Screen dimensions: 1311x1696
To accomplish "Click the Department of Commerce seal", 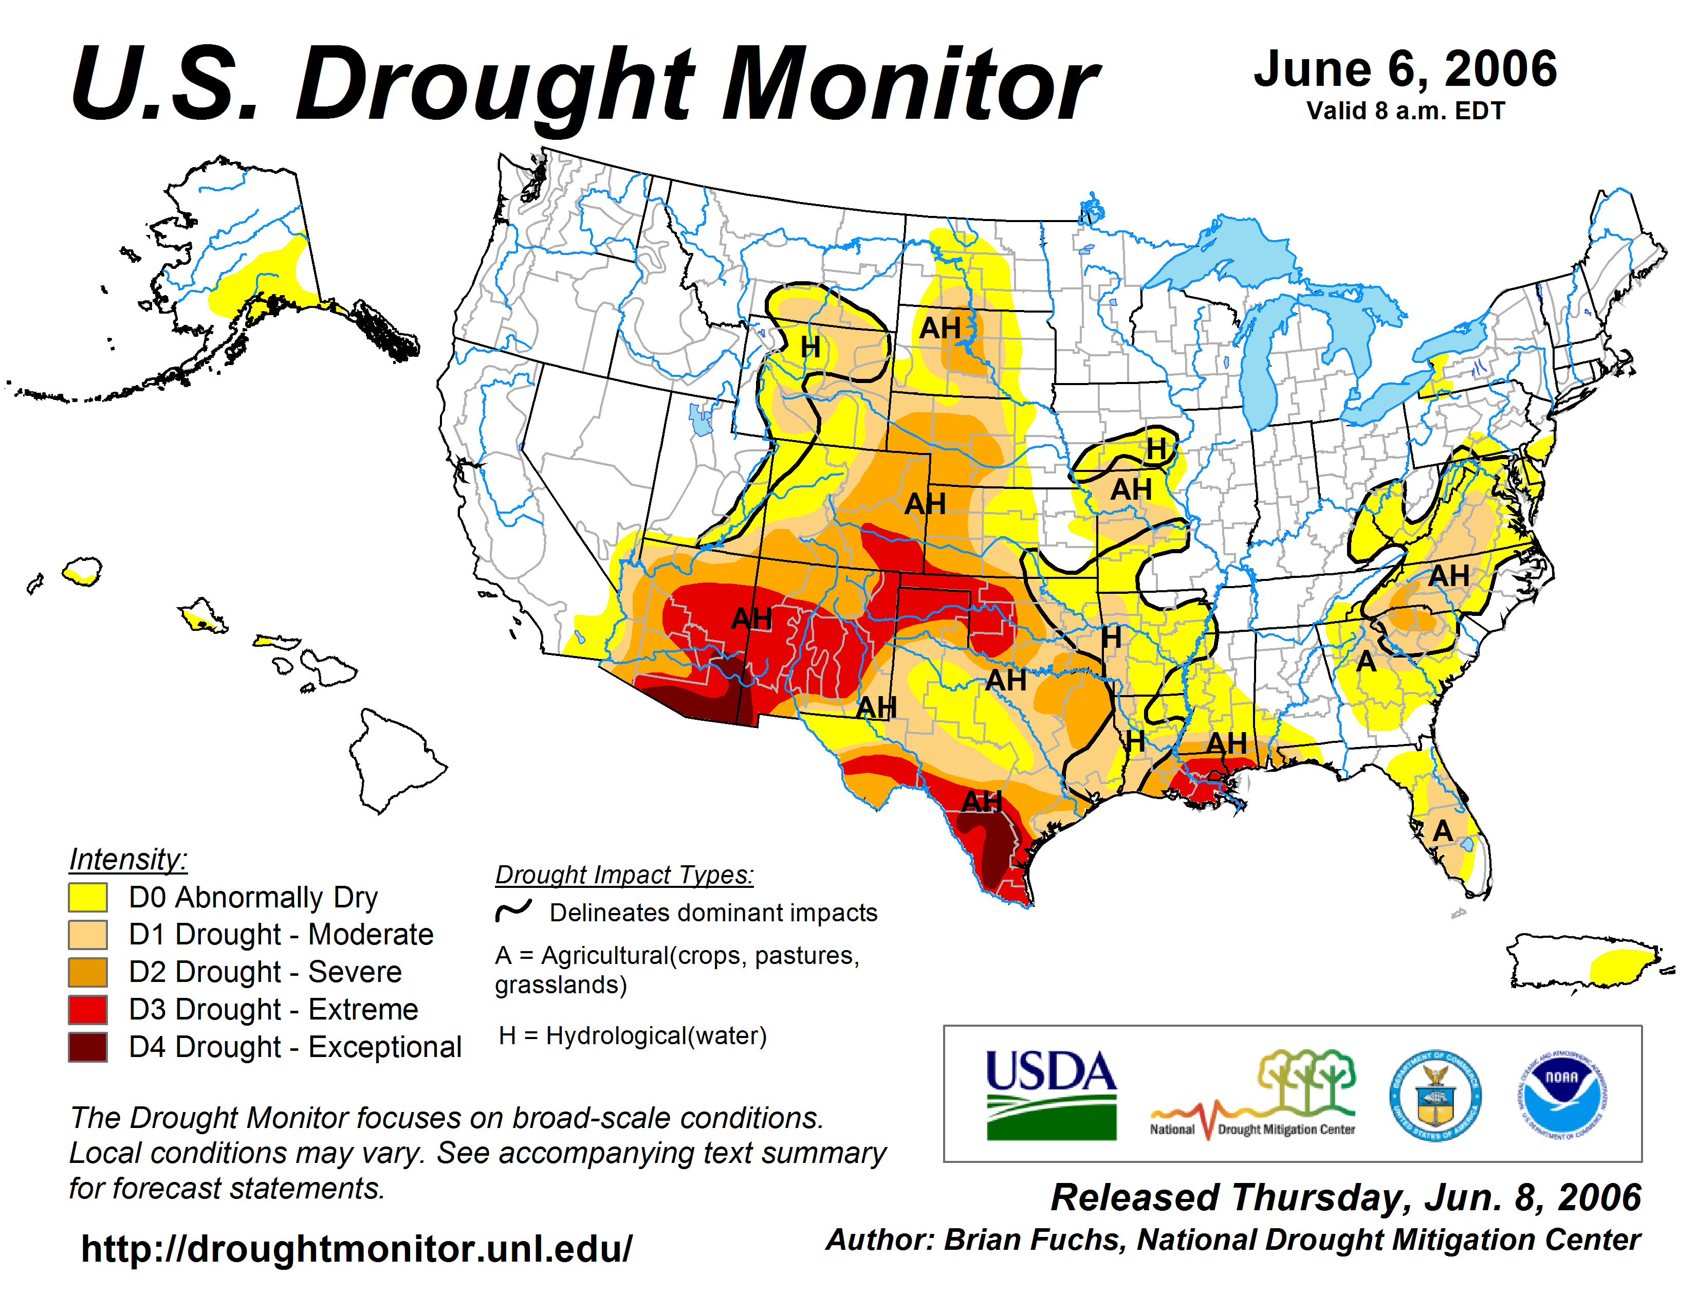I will click(1435, 1095).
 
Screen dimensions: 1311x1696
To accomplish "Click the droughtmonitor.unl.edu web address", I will click(357, 1249).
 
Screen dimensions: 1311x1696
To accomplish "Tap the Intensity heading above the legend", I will click(128, 859).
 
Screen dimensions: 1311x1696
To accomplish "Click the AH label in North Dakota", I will click(939, 328).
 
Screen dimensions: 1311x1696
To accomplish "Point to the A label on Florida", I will click(1442, 831).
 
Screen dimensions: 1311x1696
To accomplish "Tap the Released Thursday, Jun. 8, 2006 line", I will click(1345, 1197).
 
